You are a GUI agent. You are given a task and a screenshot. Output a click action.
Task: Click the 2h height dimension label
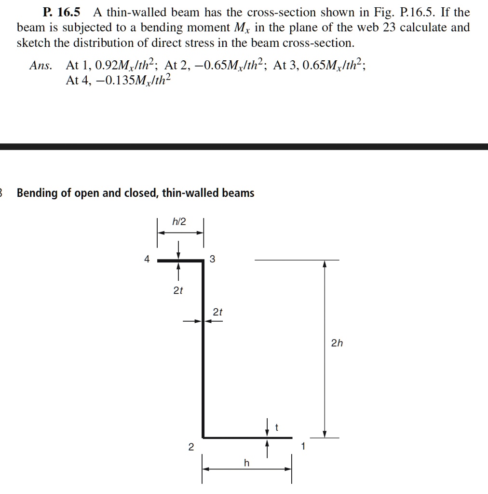(x=337, y=343)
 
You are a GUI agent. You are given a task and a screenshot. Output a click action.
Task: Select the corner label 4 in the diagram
(x=147, y=259)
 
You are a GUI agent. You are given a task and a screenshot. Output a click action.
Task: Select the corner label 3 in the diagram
(x=212, y=260)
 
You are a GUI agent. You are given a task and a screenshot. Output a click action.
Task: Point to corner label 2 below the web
(x=191, y=447)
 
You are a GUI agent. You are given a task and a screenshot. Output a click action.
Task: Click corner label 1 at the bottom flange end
(x=303, y=446)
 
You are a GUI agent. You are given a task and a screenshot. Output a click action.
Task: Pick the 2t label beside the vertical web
(x=217, y=312)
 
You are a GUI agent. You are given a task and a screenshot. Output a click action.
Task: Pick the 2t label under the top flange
(x=178, y=290)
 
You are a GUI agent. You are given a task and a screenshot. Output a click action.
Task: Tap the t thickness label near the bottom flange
(x=276, y=427)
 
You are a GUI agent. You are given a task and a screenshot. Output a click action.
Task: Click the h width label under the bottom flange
(x=246, y=463)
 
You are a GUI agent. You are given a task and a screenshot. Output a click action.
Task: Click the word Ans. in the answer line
(x=41, y=66)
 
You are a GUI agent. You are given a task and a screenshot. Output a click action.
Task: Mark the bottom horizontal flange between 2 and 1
(x=247, y=438)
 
